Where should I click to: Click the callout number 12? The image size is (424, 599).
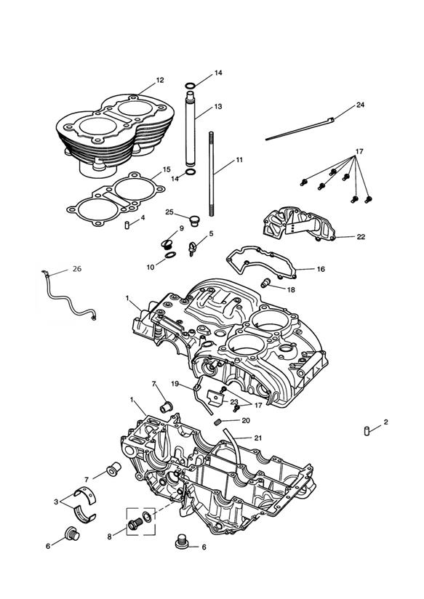[160, 80]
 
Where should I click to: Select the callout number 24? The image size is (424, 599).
[361, 105]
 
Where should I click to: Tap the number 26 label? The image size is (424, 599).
[77, 269]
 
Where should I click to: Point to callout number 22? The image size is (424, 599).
[361, 237]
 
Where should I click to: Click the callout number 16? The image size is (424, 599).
[321, 269]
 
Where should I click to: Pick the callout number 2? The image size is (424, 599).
[385, 422]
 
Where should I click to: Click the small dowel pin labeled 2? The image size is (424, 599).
[367, 431]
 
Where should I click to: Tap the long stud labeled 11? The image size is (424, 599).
[211, 174]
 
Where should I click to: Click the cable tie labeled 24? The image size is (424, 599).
[300, 129]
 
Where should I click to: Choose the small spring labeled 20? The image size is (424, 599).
[218, 422]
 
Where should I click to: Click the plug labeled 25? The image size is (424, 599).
[195, 220]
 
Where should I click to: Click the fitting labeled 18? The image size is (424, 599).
[265, 283]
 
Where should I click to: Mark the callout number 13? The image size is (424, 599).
[218, 107]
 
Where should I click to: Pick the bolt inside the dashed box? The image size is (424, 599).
[135, 524]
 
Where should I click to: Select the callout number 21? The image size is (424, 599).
[258, 438]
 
